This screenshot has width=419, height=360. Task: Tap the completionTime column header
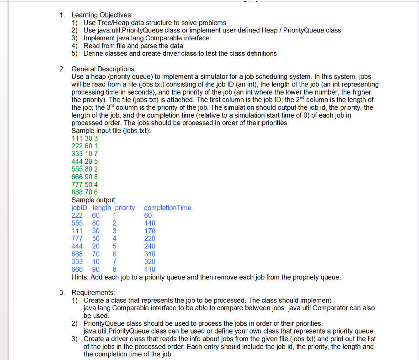[168, 208]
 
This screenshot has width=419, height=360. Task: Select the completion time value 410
[149, 269]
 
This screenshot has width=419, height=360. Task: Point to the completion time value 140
[149, 223]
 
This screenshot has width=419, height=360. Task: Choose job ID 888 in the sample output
[77, 254]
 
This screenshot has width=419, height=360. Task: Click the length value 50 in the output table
[96, 238]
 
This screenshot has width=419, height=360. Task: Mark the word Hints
[80, 277]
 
